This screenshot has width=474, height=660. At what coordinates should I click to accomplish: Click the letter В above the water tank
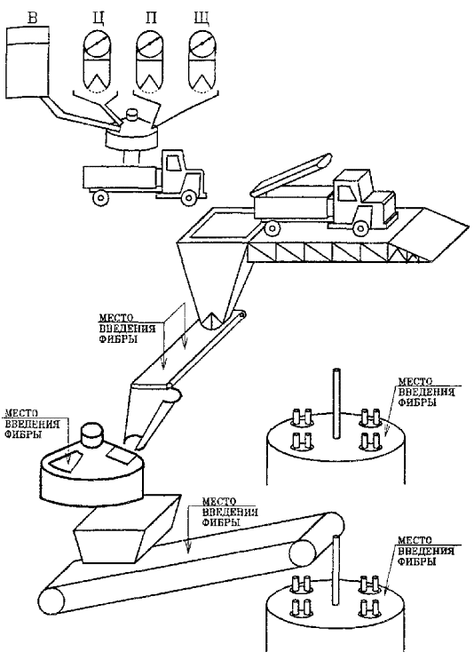tap(33, 18)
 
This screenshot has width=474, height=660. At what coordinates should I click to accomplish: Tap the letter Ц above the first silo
tap(96, 18)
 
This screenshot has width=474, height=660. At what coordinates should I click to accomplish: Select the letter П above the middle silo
tap(151, 18)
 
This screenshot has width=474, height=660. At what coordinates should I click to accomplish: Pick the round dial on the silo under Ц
tap(97, 44)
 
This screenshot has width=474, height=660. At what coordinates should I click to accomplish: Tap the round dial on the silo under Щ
tap(202, 44)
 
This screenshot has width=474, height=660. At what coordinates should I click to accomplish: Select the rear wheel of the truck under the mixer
tap(100, 196)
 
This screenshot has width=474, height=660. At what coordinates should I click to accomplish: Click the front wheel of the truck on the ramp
tap(360, 227)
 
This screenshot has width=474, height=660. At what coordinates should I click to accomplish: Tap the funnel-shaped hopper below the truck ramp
tap(211, 285)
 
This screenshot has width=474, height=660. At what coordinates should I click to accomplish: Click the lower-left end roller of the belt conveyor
tap(51, 601)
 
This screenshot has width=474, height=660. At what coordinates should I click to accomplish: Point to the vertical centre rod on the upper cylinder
tap(336, 403)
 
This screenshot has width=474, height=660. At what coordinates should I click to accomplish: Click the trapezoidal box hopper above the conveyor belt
tap(125, 529)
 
